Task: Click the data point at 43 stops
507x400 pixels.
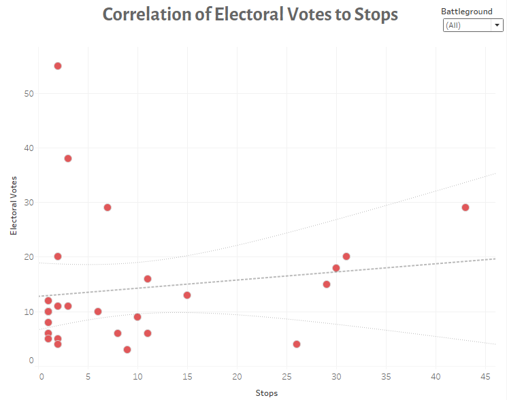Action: [465, 207]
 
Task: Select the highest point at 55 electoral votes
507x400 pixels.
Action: [58, 66]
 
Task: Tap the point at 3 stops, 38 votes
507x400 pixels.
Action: [68, 159]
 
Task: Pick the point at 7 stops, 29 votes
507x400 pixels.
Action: [108, 207]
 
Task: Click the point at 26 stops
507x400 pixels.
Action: [297, 344]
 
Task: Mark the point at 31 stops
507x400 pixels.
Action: [346, 256]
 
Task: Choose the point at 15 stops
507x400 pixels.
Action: [187, 295]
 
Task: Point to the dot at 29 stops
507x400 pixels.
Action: [327, 284]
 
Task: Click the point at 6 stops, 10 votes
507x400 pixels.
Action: [98, 312]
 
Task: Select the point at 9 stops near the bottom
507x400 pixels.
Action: [127, 350]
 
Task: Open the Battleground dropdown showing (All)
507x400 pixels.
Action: [473, 25]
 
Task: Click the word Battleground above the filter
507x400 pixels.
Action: [467, 12]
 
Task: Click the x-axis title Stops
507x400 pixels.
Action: [267, 393]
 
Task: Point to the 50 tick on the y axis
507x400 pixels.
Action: [29, 93]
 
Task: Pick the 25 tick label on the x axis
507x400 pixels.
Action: [287, 376]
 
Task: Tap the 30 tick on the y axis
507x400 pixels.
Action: [29, 202]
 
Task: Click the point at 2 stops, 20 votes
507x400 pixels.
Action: [58, 256]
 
